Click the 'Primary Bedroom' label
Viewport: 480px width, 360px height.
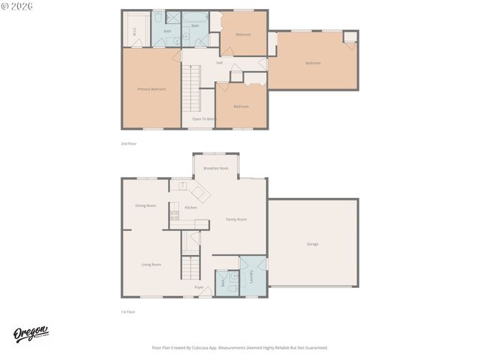click(151, 89)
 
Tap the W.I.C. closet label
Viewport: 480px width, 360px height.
click(135, 31)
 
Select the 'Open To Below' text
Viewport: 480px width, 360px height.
click(203, 118)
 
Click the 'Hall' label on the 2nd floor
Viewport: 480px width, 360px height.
click(219, 63)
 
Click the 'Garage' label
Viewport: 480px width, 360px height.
click(312, 244)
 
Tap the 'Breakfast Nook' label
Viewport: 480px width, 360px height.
click(215, 168)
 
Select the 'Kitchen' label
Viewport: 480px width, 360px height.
click(190, 207)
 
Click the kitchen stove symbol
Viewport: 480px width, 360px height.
click(174, 214)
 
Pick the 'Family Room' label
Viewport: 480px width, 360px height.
click(236, 219)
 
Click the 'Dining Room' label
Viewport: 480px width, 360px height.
click(145, 205)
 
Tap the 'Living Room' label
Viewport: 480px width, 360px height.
click(151, 264)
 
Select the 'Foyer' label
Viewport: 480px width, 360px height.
click(199, 287)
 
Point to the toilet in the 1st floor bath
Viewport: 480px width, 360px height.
click(232, 286)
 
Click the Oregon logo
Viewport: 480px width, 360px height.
click(31, 334)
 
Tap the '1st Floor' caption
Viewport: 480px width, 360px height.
click(127, 311)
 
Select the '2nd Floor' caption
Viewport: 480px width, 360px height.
click(128, 142)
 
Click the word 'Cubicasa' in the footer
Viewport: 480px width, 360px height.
click(209, 347)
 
